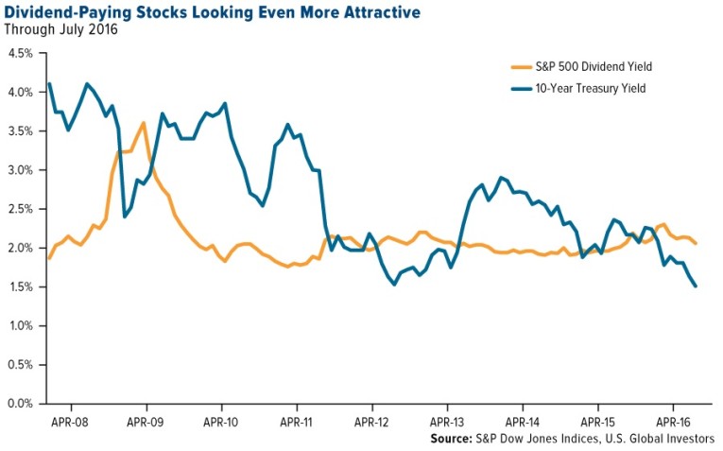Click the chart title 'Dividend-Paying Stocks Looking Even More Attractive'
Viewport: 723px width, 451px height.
[x=213, y=12]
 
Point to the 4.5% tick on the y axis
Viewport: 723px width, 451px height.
[x=22, y=53]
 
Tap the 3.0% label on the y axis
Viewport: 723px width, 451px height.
[x=22, y=170]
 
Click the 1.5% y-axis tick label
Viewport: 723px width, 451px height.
[x=22, y=286]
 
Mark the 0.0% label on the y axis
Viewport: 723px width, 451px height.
[x=22, y=404]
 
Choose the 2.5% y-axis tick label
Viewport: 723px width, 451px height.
[x=22, y=209]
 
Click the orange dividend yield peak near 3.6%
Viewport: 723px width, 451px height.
[x=142, y=123]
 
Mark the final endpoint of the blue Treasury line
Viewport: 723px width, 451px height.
[x=697, y=286]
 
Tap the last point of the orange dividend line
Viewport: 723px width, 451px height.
[x=697, y=243]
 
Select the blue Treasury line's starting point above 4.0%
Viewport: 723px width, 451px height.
[x=49, y=84]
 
